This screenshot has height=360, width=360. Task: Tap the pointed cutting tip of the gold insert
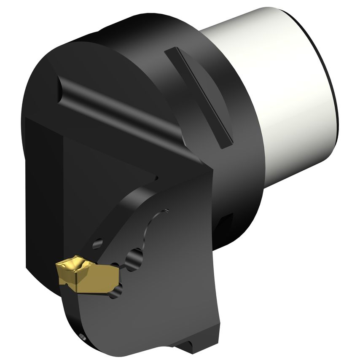point(58,266)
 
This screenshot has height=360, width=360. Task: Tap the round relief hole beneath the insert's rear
point(118,291)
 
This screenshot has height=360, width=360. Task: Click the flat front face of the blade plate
point(169,287)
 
